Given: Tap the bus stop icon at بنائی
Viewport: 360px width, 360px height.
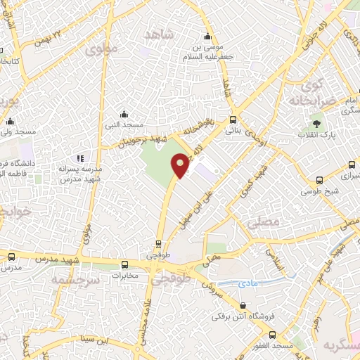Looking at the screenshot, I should pos(233,119).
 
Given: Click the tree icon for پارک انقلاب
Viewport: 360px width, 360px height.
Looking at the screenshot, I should pos(317,123).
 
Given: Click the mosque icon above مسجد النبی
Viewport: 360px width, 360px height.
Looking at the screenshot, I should pos(124,114).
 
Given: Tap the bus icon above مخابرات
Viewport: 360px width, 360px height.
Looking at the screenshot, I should pos(125,264).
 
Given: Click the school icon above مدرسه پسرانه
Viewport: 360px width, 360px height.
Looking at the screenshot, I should pos(81,158).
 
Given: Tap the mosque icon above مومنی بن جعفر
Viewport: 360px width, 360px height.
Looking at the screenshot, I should pos(207,37).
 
